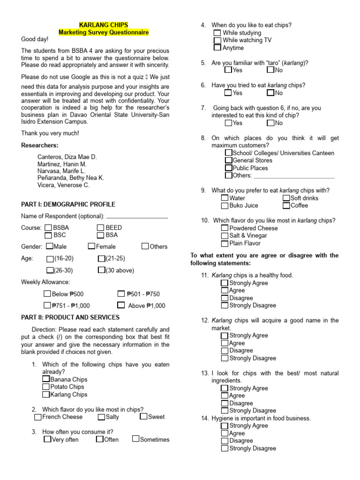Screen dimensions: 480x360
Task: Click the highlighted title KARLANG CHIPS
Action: click(103, 25)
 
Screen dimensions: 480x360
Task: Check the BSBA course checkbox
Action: click(49, 227)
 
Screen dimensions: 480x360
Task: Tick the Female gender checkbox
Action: click(91, 246)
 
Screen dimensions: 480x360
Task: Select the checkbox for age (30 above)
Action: click(101, 270)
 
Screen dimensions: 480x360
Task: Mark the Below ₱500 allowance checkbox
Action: click(47, 294)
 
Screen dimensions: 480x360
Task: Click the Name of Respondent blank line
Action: click(137, 217)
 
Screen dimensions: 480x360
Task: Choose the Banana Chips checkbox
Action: click(46, 379)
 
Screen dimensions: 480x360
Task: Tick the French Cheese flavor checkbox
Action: click(38, 417)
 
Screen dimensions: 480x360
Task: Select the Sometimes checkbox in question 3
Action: click(135, 439)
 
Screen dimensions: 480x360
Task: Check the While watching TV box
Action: click(217, 40)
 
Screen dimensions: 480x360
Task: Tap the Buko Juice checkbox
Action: click(225, 205)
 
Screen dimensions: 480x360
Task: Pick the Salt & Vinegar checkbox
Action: click(225, 235)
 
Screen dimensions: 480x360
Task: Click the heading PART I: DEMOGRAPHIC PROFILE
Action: click(68, 204)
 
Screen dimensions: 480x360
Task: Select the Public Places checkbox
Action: click(229, 168)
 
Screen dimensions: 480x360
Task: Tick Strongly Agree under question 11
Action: click(225, 283)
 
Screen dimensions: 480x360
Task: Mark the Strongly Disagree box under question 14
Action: click(225, 448)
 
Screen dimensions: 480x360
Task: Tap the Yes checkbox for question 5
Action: click(228, 70)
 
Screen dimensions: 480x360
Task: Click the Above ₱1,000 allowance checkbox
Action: click(121, 305)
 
